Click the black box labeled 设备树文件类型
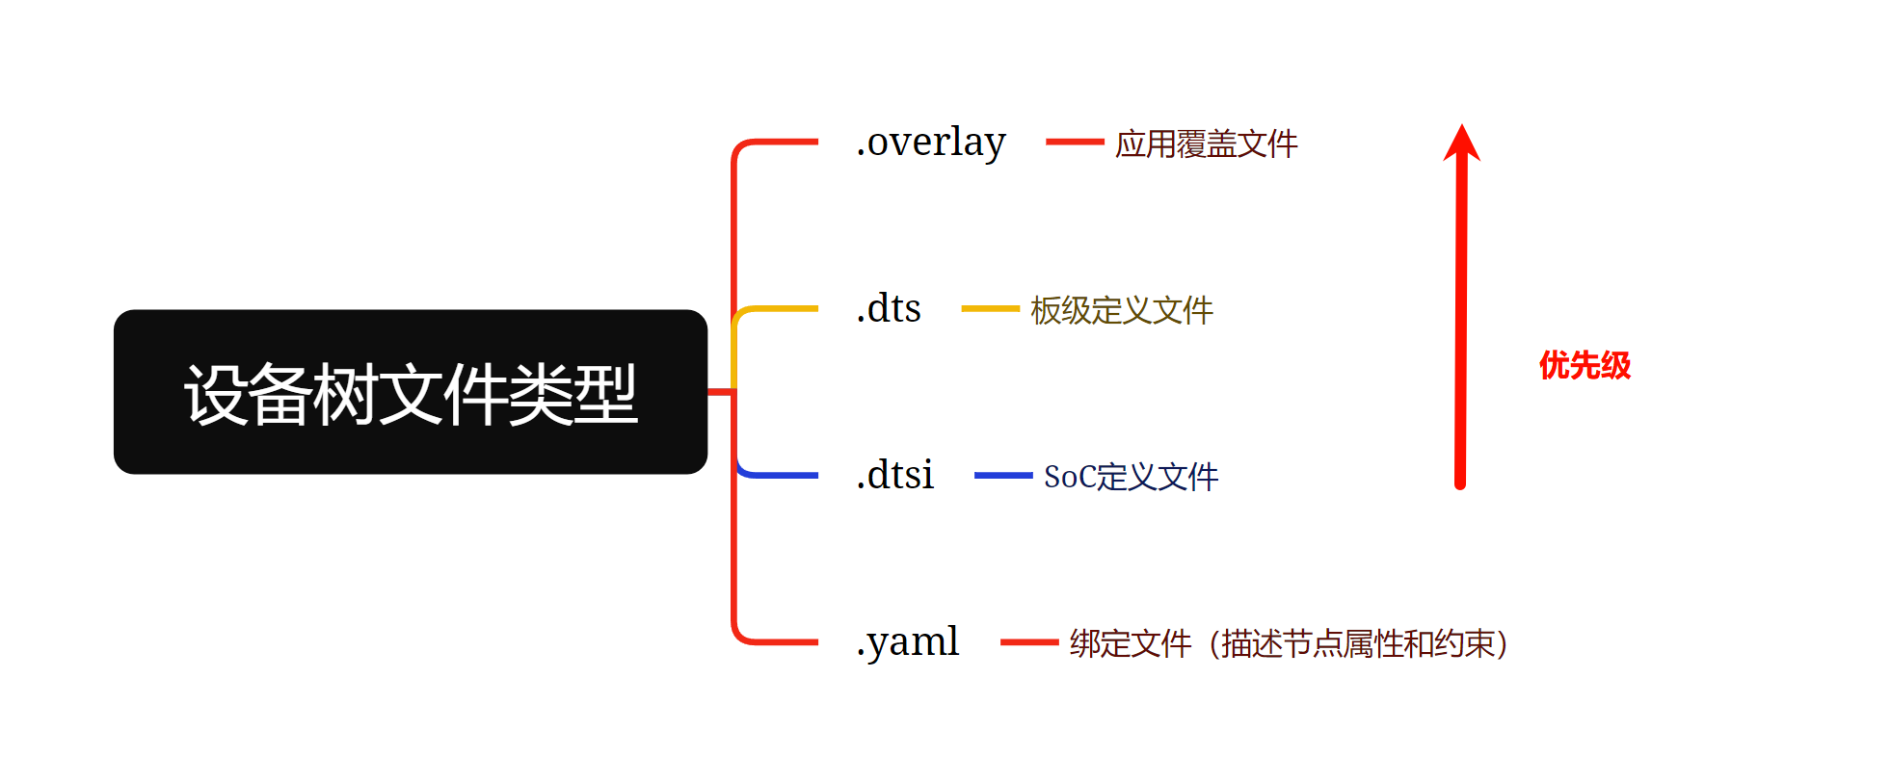(411, 391)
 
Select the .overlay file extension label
(931, 143)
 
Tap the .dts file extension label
(889, 309)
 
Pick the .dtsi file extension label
(895, 476)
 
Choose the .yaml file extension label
(908, 642)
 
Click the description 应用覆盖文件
(1206, 144)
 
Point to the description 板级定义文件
(1121, 310)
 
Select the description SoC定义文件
(1131, 477)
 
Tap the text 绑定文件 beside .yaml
(1131, 643)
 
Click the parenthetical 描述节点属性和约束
(1359, 643)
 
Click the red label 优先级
(1585, 366)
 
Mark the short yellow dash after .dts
(990, 309)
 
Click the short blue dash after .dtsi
(1003, 475)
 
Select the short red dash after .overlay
(1075, 142)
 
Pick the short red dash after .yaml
(1029, 642)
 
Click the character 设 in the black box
(217, 394)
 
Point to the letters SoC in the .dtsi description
(1069, 477)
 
